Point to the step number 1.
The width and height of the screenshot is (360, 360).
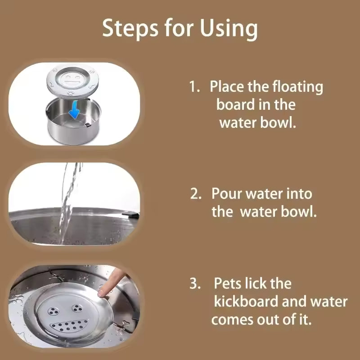pos(194,86)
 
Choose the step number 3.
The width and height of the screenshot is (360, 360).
pos(195,284)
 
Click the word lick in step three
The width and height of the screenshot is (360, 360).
pos(259,284)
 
